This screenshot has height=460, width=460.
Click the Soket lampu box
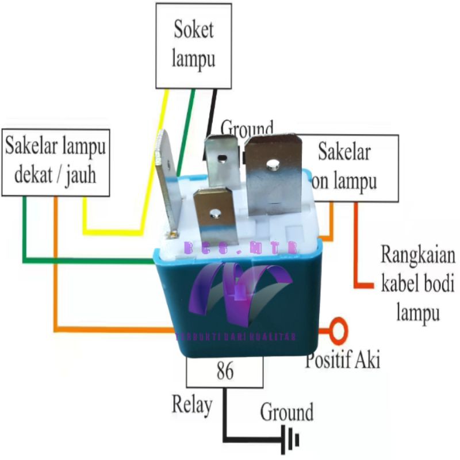click(x=193, y=45)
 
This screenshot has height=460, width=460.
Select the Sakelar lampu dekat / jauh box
click(x=55, y=161)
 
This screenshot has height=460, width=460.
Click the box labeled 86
click(x=225, y=371)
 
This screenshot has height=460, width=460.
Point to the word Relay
click(x=191, y=404)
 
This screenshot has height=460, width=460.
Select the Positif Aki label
click(x=343, y=360)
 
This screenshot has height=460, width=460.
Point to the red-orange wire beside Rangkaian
click(x=356, y=253)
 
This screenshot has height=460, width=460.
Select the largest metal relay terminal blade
click(x=274, y=172)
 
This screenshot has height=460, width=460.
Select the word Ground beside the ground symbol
click(x=287, y=412)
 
